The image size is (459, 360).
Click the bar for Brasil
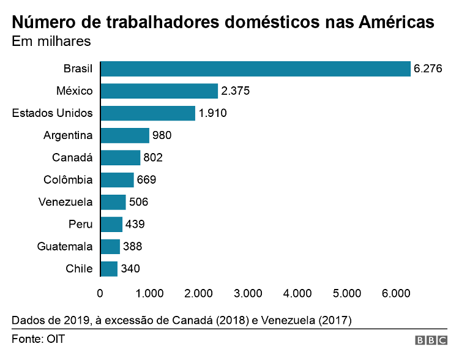click(x=255, y=69)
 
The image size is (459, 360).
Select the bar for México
click(x=159, y=91)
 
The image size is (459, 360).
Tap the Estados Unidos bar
click(x=147, y=113)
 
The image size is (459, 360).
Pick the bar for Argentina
click(x=125, y=135)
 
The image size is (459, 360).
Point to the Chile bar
click(x=109, y=269)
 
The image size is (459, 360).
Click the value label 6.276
click(x=428, y=69)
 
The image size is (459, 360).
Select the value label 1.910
click(x=212, y=113)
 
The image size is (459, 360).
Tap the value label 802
click(x=153, y=157)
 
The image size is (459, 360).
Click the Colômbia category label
click(x=68, y=180)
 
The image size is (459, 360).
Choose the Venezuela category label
click(x=65, y=202)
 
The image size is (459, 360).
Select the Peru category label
click(x=80, y=224)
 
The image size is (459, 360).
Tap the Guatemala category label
click(x=64, y=247)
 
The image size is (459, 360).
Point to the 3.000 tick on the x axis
click(x=248, y=293)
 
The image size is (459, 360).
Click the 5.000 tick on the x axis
click(x=347, y=293)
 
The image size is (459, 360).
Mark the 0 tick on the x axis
click(x=100, y=293)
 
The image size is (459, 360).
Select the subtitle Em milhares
click(x=51, y=42)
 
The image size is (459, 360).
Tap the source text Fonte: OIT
click(x=38, y=339)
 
